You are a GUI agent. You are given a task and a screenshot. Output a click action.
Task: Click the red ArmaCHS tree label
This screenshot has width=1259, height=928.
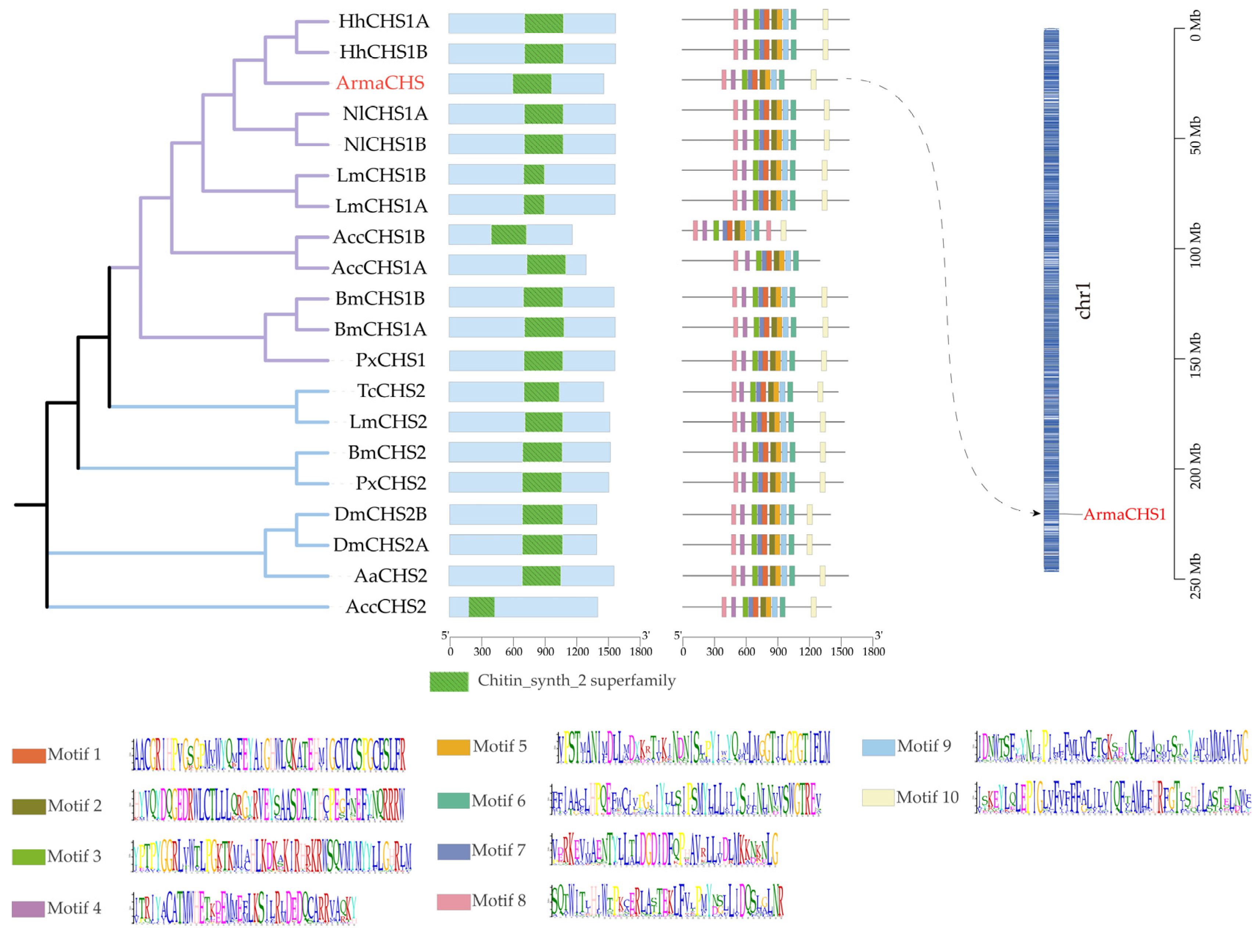(380, 83)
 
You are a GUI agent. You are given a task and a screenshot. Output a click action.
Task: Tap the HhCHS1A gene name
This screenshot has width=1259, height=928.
(384, 21)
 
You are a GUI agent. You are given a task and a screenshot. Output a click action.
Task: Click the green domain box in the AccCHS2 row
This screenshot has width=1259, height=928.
(482, 607)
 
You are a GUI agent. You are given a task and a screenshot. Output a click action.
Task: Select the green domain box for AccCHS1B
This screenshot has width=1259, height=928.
(508, 235)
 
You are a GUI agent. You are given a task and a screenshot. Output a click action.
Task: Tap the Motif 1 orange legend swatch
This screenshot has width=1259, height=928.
(29, 755)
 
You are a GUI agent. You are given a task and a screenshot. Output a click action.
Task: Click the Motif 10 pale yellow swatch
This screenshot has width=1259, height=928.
(878, 797)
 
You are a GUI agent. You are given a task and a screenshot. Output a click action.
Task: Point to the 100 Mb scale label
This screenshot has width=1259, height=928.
(1195, 245)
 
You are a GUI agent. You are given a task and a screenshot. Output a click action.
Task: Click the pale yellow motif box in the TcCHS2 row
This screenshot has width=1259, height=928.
(820, 391)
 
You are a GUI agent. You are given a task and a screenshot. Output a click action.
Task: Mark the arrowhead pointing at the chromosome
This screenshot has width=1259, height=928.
(1036, 513)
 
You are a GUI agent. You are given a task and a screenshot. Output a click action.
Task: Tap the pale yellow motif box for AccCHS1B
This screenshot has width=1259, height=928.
(783, 230)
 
